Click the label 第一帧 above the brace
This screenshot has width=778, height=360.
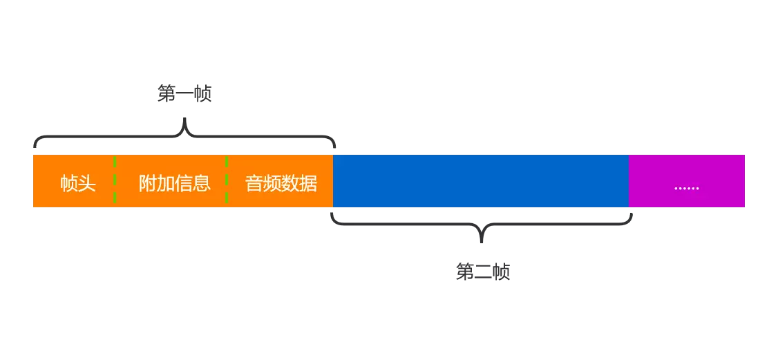pyautogui.click(x=184, y=95)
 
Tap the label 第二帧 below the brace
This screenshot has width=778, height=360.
pyautogui.click(x=483, y=272)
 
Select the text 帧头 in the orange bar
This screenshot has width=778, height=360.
pyautogui.click(x=77, y=184)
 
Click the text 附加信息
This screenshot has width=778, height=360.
pyautogui.click(x=174, y=184)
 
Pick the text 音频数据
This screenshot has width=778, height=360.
pyautogui.click(x=281, y=184)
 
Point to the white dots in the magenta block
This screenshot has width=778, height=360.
pyautogui.click(x=686, y=187)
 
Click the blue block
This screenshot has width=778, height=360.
pyautogui.click(x=481, y=181)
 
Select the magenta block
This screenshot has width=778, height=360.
pyautogui.click(x=686, y=169)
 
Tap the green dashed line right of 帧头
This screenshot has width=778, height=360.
pyautogui.click(x=115, y=181)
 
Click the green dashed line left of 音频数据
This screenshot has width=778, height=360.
pyautogui.click(x=227, y=181)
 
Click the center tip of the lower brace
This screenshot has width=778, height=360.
pyautogui.click(x=482, y=240)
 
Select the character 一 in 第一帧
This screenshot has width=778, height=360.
pyautogui.click(x=184, y=95)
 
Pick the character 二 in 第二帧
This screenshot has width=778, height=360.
pyautogui.click(x=483, y=272)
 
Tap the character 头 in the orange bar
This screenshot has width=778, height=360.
pyautogui.click(x=86, y=184)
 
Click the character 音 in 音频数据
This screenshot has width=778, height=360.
pyautogui.click(x=254, y=184)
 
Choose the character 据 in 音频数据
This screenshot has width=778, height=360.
pyautogui.click(x=309, y=184)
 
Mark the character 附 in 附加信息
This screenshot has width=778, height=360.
pyautogui.click(x=147, y=184)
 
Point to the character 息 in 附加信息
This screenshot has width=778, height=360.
pyautogui.click(x=202, y=184)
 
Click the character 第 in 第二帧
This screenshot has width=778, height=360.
pyautogui.click(x=465, y=272)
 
